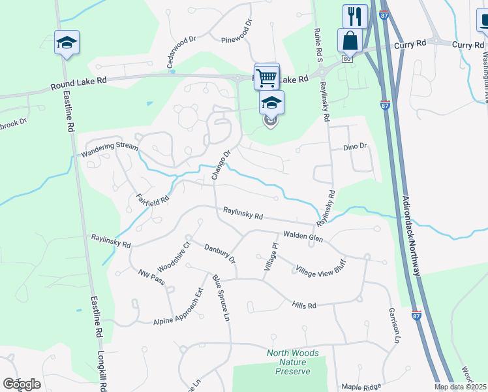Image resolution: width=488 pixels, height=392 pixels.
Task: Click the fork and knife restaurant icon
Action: tap(355, 16)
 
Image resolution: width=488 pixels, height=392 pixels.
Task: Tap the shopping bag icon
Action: tap(350, 41)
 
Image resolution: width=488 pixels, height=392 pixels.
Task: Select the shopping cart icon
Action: tap(267, 76)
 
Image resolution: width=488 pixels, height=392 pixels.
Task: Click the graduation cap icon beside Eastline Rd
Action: tap(67, 42)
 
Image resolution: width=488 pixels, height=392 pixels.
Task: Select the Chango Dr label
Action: tap(221, 166)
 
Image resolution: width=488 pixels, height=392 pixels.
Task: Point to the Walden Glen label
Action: tap(302, 238)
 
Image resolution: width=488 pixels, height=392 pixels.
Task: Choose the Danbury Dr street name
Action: tap(219, 252)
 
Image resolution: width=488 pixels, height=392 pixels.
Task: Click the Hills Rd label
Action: tap(304, 305)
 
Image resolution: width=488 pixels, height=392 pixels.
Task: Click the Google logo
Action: tap(22, 384)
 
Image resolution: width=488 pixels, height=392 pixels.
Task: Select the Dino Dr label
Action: tap(356, 148)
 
